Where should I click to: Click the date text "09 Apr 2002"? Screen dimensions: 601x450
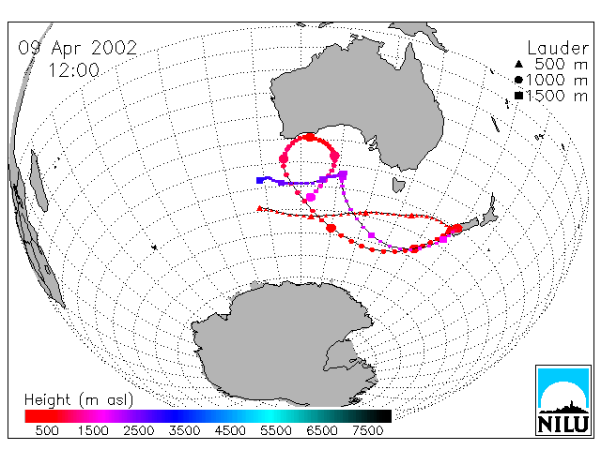(77, 48)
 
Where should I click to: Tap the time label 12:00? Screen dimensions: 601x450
(73, 70)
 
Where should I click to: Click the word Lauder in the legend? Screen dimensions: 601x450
(558, 49)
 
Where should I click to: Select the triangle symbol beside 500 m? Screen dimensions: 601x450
(518, 64)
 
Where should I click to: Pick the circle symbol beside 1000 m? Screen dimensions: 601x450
(518, 80)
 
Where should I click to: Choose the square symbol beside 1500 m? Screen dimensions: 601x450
(518, 96)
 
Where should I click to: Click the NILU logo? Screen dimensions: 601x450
(563, 400)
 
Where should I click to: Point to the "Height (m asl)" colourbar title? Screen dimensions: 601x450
(79, 400)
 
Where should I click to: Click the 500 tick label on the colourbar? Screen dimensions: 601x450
(47, 430)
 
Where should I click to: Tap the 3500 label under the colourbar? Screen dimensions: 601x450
(184, 430)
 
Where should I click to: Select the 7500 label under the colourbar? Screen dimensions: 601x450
(367, 430)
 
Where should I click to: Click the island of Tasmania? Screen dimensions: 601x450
(398, 186)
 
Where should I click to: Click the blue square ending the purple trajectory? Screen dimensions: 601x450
(260, 180)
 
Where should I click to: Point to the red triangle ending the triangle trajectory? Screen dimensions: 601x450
(259, 208)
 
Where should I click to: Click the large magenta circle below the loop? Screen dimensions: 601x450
(311, 198)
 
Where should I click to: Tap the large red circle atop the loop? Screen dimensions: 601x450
(309, 137)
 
